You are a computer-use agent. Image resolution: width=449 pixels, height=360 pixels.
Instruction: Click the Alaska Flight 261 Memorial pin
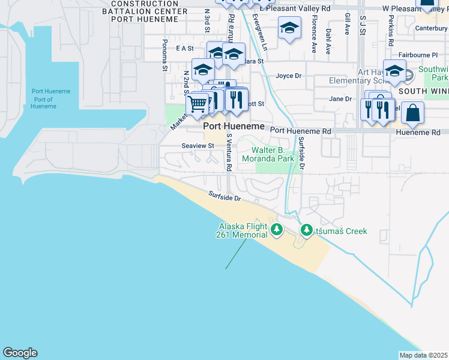tap(276, 229)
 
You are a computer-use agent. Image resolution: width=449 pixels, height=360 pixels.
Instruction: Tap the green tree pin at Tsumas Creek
tap(307, 230)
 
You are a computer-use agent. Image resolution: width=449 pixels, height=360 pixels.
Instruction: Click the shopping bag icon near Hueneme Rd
tap(412, 112)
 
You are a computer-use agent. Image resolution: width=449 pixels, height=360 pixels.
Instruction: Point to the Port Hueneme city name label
tap(234, 127)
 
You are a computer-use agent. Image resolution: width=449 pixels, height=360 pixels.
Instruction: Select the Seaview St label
tap(197, 146)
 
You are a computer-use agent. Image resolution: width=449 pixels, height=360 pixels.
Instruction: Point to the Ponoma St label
tap(164, 55)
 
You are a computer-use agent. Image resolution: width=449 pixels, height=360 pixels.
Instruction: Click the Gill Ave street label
tap(347, 26)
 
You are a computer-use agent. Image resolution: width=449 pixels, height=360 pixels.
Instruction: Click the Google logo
tap(20, 353)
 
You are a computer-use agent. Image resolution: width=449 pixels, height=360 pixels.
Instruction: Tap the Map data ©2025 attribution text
tap(423, 355)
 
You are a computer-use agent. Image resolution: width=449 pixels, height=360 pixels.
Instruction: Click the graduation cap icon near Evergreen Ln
tap(289, 28)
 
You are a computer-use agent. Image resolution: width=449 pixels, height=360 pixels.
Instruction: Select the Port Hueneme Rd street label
tap(300, 130)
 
